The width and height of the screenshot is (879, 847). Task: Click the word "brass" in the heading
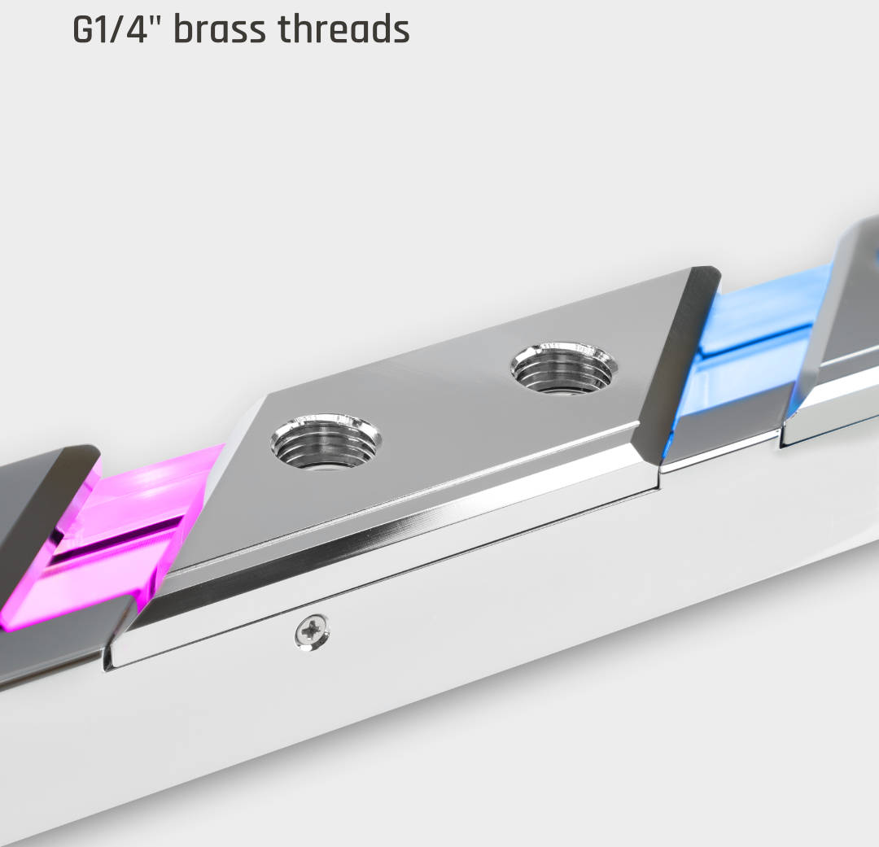coord(220,29)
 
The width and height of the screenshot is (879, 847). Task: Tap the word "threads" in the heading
coord(343,29)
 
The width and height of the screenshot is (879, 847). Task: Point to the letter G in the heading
coord(84,30)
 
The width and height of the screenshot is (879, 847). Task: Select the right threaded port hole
coord(563,369)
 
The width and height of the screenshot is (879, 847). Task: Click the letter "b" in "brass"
coord(186,29)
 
